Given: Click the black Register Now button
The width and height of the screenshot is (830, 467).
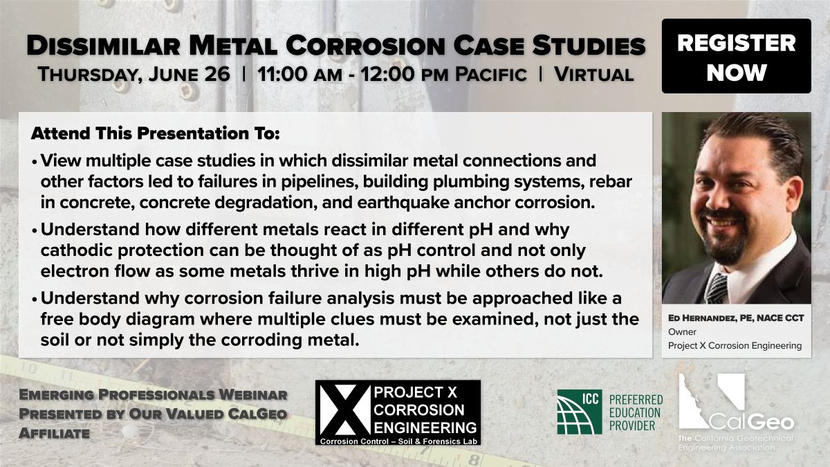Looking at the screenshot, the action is coord(736,56).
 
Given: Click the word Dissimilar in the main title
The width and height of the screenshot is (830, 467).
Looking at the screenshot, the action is coord(103,46).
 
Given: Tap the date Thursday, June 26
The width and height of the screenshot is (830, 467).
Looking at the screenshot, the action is coord(133,74).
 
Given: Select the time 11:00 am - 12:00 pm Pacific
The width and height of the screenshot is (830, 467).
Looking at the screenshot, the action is coord(391,74).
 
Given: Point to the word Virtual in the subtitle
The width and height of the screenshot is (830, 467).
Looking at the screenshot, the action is coord(593,74).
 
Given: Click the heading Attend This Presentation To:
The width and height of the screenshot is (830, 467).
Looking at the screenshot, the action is coord(155,133).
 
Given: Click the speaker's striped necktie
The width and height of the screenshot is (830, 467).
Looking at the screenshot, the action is coord(717,288).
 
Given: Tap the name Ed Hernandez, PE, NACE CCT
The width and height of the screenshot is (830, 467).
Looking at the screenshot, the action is coord(736,318).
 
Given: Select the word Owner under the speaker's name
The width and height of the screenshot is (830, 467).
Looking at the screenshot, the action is coord(682,331).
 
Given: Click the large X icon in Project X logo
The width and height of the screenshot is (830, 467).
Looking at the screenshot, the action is coord(345,410).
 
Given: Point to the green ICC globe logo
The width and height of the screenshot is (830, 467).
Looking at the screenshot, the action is coord(580,412).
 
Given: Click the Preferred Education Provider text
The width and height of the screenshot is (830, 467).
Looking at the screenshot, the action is coord(636,412).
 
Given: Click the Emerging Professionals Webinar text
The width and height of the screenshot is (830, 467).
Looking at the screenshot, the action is coord(153,395).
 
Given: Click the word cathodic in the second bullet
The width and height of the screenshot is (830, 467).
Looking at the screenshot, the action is coord(77,250).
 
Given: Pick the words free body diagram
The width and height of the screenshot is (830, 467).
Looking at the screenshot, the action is coord(118,319).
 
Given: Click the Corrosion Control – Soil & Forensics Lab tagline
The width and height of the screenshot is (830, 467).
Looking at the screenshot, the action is coord(398,441).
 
